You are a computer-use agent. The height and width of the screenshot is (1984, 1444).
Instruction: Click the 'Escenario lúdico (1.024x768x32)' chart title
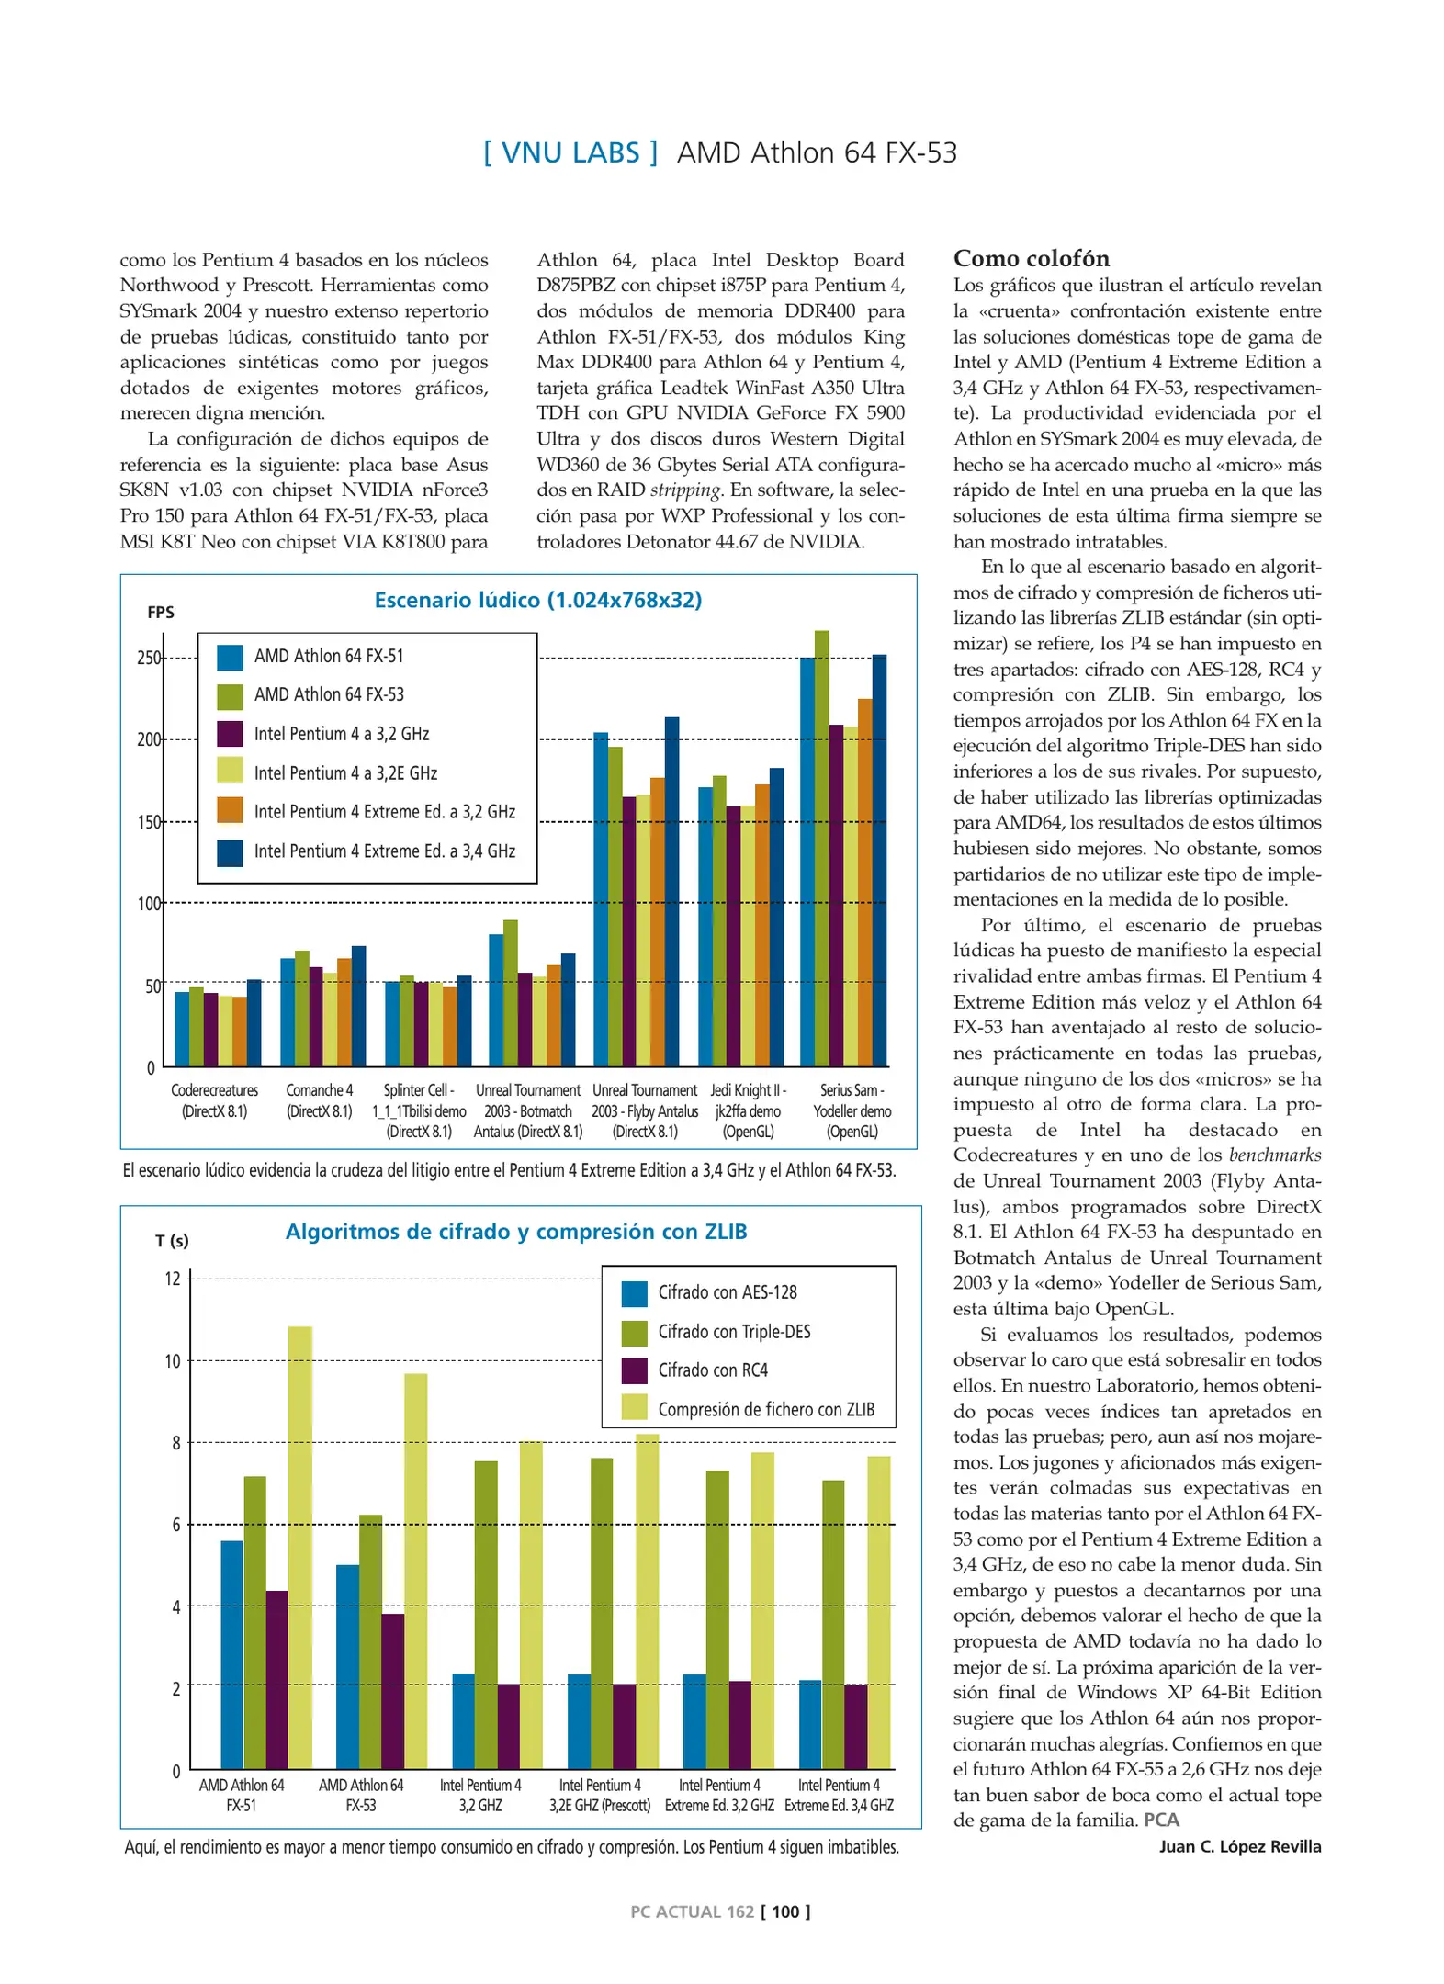point(537,600)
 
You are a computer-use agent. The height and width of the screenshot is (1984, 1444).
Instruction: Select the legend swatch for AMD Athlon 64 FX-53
point(230,695)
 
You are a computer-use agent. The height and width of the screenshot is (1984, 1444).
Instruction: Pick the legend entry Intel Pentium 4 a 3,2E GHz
point(344,773)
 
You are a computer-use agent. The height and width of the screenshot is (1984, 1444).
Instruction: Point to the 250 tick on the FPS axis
point(149,658)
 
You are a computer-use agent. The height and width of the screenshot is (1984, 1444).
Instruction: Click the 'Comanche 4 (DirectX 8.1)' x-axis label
point(319,1100)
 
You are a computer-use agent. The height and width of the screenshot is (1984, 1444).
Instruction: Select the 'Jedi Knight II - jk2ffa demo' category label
point(748,1110)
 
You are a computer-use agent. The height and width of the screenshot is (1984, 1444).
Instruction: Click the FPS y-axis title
point(161,613)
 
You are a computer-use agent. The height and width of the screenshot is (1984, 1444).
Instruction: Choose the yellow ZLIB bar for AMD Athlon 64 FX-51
point(300,1548)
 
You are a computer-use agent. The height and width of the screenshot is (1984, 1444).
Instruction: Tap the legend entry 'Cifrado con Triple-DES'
point(734,1331)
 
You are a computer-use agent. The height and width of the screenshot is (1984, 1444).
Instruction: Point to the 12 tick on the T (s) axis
point(173,1279)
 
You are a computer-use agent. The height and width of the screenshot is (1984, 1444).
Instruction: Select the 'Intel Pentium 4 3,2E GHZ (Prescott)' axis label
point(600,1795)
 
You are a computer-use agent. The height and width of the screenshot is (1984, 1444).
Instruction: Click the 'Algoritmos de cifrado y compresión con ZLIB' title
point(516,1232)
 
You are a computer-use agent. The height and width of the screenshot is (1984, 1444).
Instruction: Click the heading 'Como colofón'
point(1031,258)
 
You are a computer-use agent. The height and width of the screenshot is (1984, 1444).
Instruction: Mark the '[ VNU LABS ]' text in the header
point(570,152)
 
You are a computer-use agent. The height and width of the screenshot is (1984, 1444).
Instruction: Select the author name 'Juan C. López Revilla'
point(1239,1846)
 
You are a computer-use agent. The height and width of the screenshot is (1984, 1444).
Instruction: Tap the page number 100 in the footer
point(785,1911)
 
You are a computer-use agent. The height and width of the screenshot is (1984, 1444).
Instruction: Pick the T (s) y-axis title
point(172,1241)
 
